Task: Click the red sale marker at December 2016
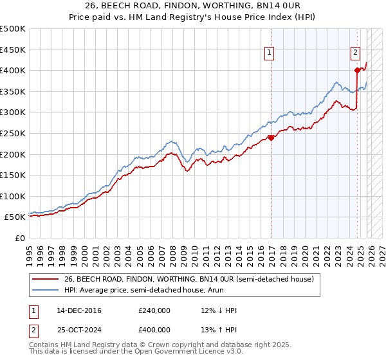271,137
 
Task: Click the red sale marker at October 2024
357,70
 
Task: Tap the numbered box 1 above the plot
268,53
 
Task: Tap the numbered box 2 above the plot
355,53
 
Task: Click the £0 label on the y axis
19,239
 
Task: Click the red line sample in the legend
45,279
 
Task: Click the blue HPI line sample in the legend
45,291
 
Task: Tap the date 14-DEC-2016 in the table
79,310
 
